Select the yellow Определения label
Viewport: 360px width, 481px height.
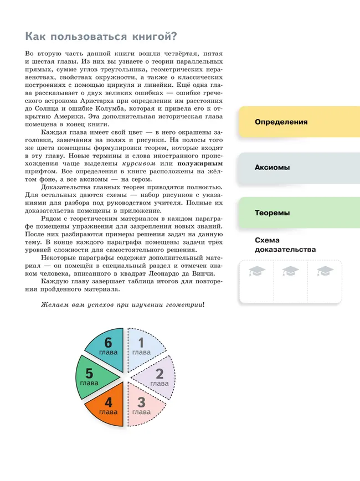(x=281, y=122)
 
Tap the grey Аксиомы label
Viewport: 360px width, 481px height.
(x=272, y=167)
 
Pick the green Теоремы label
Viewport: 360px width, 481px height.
(x=272, y=213)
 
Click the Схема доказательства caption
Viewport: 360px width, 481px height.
(x=285, y=245)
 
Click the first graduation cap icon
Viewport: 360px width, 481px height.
(x=257, y=271)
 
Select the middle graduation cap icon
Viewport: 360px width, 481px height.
(x=290, y=271)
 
